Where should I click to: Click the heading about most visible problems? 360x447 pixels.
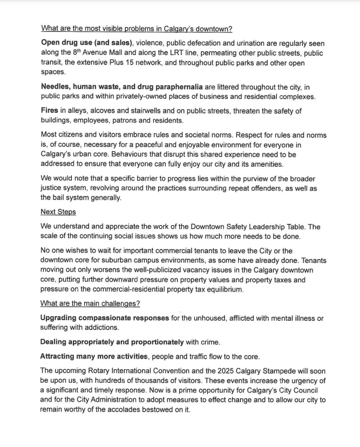pyautogui.click(x=137, y=29)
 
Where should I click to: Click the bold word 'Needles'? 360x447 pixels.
pyautogui.click(x=56, y=86)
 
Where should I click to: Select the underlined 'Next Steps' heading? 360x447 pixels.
pyautogui.click(x=58, y=212)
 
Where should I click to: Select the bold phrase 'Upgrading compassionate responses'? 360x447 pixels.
pyautogui.click(x=105, y=319)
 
